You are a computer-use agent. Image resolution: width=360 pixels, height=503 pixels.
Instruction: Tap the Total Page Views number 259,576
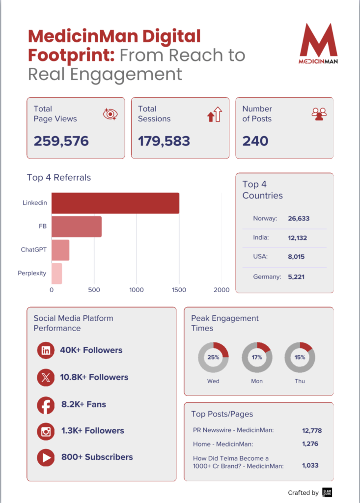pos(61,141)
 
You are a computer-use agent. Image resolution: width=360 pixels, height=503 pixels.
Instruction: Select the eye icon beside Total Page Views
pos(111,114)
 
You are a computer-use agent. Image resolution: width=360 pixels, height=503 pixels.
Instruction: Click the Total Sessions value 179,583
pos(164,141)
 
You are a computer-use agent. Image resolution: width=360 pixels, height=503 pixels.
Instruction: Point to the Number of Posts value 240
pos(255,141)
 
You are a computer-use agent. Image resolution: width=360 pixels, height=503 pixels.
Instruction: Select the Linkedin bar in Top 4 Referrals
pos(115,203)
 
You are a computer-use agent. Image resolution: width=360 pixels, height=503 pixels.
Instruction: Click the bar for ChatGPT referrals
pos(60,250)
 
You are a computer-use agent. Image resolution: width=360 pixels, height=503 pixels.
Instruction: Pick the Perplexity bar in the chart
pos(56,274)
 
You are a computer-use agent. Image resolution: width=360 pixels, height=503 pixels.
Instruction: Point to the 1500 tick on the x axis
pos(179,290)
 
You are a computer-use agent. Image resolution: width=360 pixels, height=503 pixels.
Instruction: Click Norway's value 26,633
pos(299,219)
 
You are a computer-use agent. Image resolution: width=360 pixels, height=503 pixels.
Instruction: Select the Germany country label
pos(267,277)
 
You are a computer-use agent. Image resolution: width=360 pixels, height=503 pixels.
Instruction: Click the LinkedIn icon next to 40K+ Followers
pos(46,351)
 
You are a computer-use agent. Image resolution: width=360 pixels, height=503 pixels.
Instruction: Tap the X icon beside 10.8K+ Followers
pos(46,378)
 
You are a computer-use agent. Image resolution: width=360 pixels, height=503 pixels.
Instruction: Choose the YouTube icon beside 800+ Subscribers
pos(46,458)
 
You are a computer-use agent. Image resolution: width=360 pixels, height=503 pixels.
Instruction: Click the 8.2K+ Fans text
pos(83,405)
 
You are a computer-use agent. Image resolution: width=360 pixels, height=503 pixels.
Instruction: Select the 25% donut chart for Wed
pos(213,357)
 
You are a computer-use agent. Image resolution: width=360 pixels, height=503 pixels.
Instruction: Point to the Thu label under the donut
pos(300,381)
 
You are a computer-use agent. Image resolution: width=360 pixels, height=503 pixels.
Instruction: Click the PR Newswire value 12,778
pos(311,431)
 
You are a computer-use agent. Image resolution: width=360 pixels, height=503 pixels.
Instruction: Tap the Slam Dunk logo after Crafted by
pos(327,492)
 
